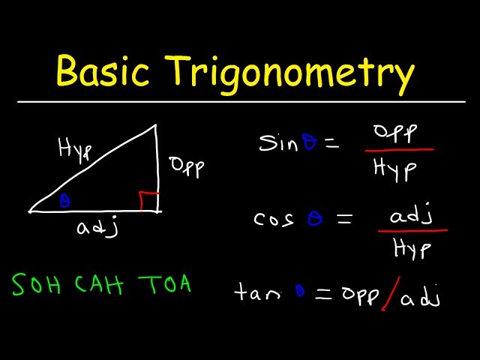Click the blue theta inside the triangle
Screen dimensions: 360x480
pyautogui.click(x=64, y=201)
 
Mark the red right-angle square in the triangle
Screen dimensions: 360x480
pyautogui.click(x=148, y=201)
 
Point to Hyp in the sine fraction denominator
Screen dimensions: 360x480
pyautogui.click(x=396, y=170)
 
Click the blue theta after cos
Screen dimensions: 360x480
pyautogui.click(x=313, y=218)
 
